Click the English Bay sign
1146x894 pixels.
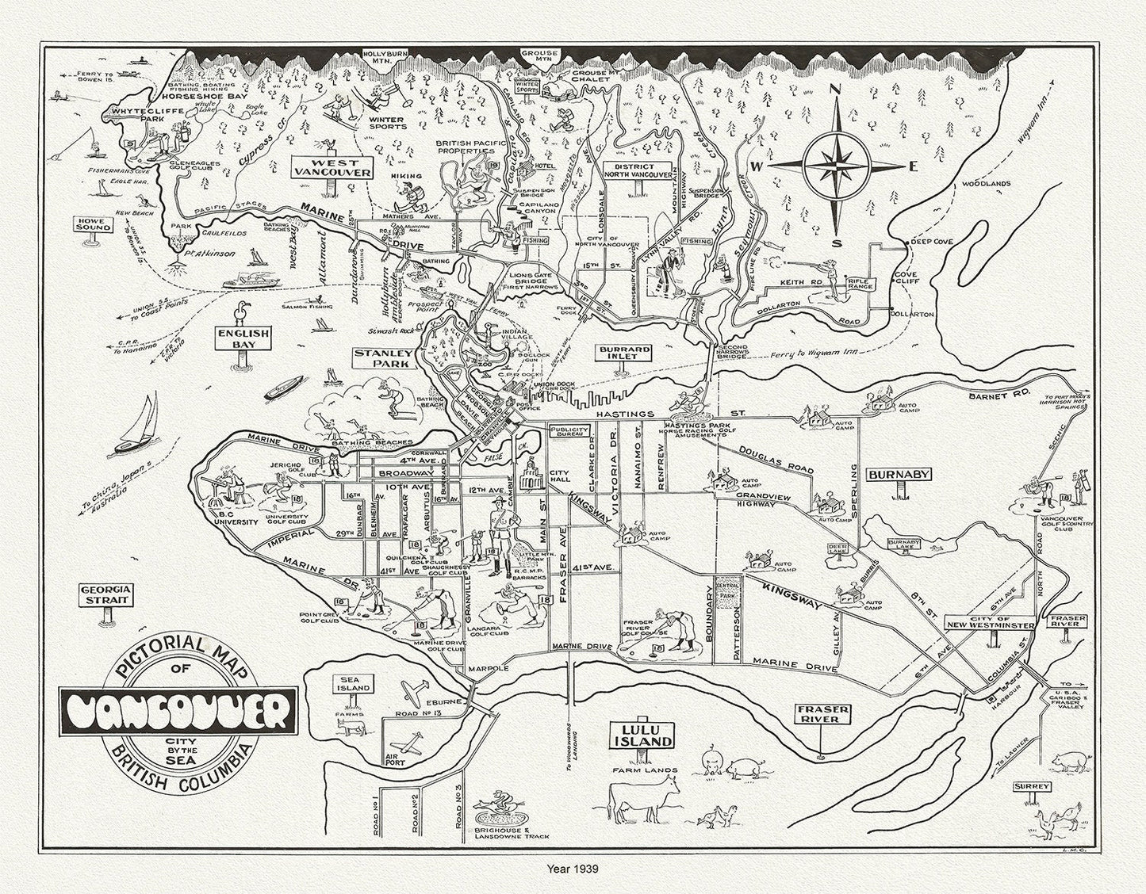[243, 339]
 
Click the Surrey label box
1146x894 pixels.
[1031, 787]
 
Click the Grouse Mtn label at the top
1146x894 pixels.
[540, 55]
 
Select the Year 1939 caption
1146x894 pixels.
[573, 869]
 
